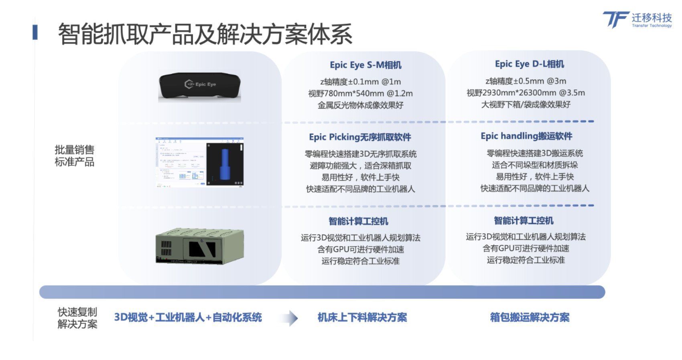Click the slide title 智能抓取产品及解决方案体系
point(205,34)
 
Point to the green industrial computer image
point(199,246)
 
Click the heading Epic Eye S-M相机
point(365,65)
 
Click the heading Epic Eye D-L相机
point(529,64)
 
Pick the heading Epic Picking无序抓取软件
point(360,137)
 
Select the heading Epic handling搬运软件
point(526,136)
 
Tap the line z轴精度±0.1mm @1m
point(360,82)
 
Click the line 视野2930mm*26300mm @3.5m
point(526,93)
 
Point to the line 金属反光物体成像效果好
point(360,105)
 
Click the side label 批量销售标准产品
point(75,156)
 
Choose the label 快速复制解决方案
point(77,318)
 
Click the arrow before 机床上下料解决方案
point(290,318)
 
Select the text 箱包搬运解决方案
point(530,318)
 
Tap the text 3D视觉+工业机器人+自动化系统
point(188,318)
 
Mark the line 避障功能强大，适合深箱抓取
point(360,166)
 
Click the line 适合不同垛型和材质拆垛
point(535,165)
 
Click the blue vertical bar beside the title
point(35,32)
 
